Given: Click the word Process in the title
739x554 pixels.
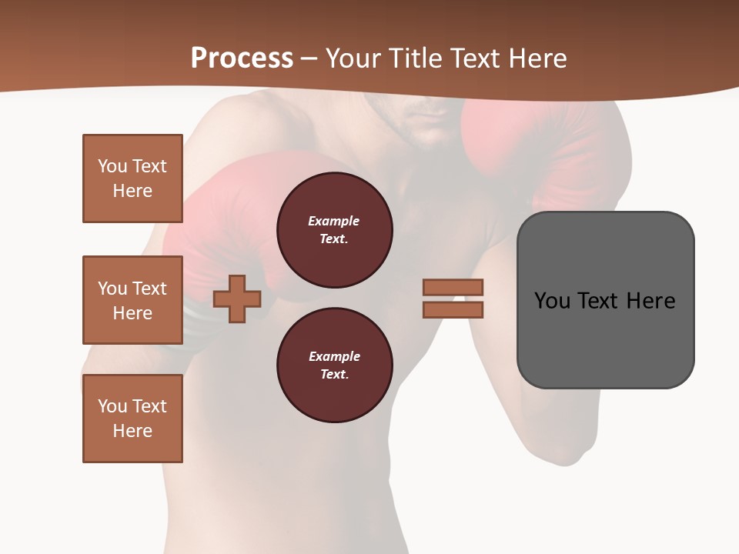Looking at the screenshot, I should pyautogui.click(x=242, y=58).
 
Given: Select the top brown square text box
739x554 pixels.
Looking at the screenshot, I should pyautogui.click(x=132, y=179).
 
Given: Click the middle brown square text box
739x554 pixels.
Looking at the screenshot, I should pyautogui.click(x=132, y=300).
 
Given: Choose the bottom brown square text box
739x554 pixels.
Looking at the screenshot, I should pyautogui.click(x=132, y=419).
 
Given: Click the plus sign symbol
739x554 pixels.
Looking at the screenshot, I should pyautogui.click(x=237, y=299).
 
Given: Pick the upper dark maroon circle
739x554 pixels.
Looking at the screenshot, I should pyautogui.click(x=334, y=230).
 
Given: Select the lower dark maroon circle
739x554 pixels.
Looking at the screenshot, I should pyautogui.click(x=334, y=365).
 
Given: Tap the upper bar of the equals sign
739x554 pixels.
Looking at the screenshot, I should pyautogui.click(x=453, y=287).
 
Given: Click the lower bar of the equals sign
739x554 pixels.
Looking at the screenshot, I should pyautogui.click(x=453, y=310).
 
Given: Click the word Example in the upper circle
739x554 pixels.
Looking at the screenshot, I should pyautogui.click(x=334, y=221).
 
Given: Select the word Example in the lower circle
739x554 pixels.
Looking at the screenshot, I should pyautogui.click(x=334, y=356).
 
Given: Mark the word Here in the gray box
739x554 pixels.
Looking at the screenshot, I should pyautogui.click(x=650, y=301).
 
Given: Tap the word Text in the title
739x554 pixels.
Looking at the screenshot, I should pyautogui.click(x=473, y=58).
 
